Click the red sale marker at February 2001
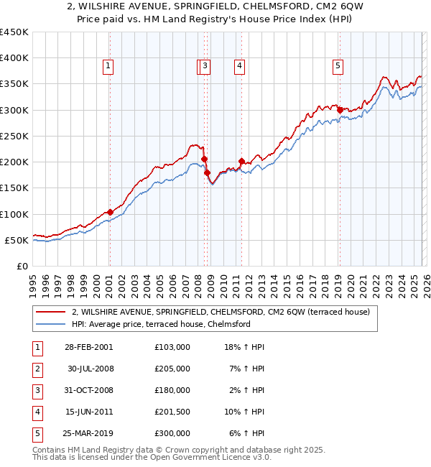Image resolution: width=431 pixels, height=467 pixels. pos(110,212)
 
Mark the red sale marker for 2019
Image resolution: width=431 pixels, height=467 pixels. pos(340,110)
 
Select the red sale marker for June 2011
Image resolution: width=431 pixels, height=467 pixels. pos(241,161)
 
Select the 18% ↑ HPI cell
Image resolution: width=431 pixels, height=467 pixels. pos(244,347)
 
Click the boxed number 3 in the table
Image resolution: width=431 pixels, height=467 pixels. pos(36,390)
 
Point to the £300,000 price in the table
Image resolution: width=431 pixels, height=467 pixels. pos(172,433)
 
